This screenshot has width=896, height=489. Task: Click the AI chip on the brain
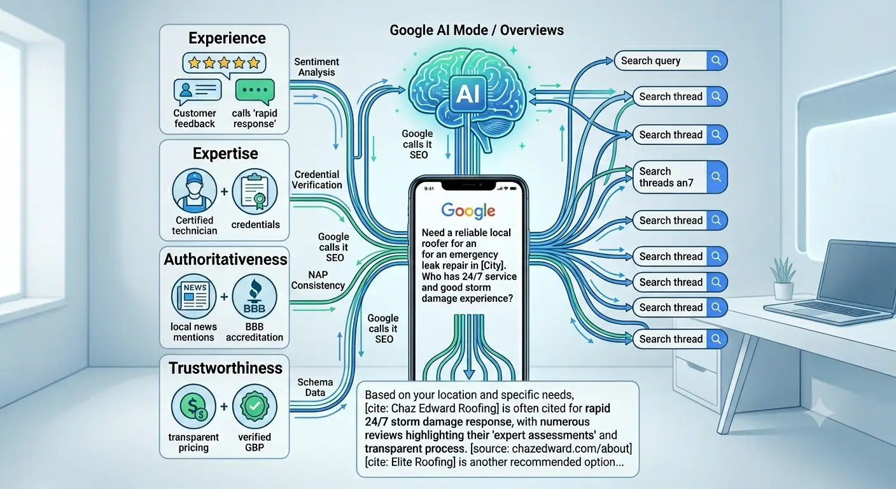point(468,94)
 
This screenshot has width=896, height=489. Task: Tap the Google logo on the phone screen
point(468,211)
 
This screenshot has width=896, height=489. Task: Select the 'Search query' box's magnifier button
point(717,61)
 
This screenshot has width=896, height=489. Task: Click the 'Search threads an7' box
point(680,177)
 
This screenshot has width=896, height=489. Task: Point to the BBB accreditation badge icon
point(255,296)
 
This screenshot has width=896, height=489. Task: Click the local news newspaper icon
point(194,297)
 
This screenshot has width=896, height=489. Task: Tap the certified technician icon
point(194,190)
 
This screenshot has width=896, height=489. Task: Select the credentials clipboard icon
point(255,191)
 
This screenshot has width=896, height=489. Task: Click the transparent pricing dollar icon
point(193,407)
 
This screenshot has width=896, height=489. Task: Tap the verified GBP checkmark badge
point(255,407)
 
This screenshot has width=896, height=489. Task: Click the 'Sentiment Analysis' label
point(316,67)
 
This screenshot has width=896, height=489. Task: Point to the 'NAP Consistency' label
point(318,280)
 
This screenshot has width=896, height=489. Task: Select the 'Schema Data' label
point(315,387)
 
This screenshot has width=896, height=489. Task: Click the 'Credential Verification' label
point(317,180)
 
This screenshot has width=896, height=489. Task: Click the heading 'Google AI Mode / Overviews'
point(477,30)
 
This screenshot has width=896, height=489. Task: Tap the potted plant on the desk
point(783,278)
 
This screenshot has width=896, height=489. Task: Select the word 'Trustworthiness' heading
point(225,368)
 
